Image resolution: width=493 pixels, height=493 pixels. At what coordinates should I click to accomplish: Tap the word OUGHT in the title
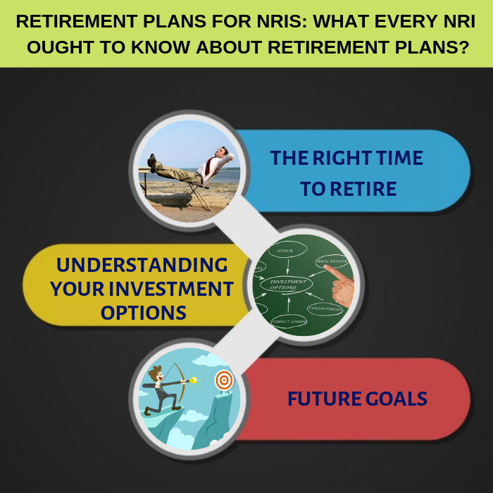click(x=61, y=47)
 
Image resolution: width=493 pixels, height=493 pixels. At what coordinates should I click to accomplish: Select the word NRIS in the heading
click(x=282, y=22)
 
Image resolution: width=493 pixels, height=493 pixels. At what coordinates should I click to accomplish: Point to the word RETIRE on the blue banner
click(x=363, y=189)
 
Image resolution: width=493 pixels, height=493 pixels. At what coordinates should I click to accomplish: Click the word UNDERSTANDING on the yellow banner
click(x=142, y=265)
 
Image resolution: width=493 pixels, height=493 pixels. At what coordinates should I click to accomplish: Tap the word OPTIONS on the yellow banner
click(x=144, y=313)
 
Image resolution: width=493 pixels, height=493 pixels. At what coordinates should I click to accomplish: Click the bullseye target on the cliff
click(x=224, y=380)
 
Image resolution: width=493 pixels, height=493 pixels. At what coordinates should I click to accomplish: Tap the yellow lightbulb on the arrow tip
click(x=192, y=380)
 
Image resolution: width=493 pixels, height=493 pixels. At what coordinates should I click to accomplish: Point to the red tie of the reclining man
click(x=208, y=166)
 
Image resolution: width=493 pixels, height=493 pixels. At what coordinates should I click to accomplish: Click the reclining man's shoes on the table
click(x=153, y=163)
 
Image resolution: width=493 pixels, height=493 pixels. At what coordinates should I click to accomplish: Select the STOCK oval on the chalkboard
click(x=287, y=250)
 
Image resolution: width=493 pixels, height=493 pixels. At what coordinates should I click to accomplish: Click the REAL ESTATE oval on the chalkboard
click(x=332, y=261)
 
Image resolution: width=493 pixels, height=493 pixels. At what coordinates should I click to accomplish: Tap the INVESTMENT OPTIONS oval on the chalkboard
click(x=287, y=285)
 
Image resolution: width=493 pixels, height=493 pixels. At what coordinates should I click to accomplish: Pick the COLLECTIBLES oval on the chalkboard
click(x=325, y=308)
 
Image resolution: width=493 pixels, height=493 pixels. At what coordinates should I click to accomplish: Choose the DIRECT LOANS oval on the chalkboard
click(x=289, y=321)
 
